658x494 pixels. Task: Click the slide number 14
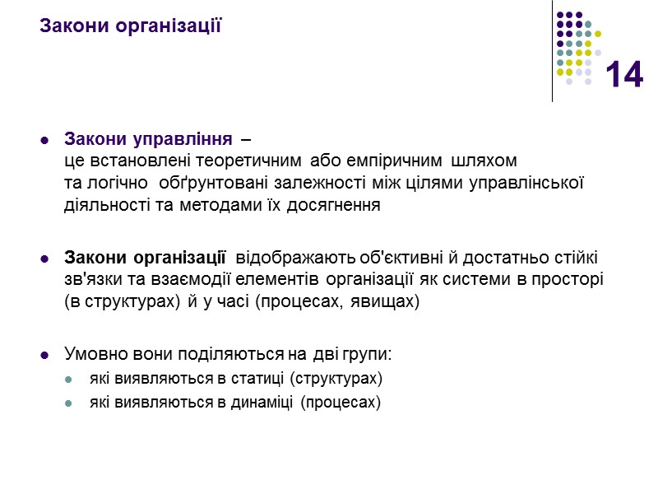(x=624, y=76)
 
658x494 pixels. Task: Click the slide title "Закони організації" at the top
(x=131, y=26)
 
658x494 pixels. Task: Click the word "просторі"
(x=573, y=279)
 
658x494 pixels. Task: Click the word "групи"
(x=371, y=355)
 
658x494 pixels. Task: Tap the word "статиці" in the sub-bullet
(x=237, y=380)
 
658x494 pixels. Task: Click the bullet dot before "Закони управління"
(x=44, y=137)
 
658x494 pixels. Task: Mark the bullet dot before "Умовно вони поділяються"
(x=44, y=356)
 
